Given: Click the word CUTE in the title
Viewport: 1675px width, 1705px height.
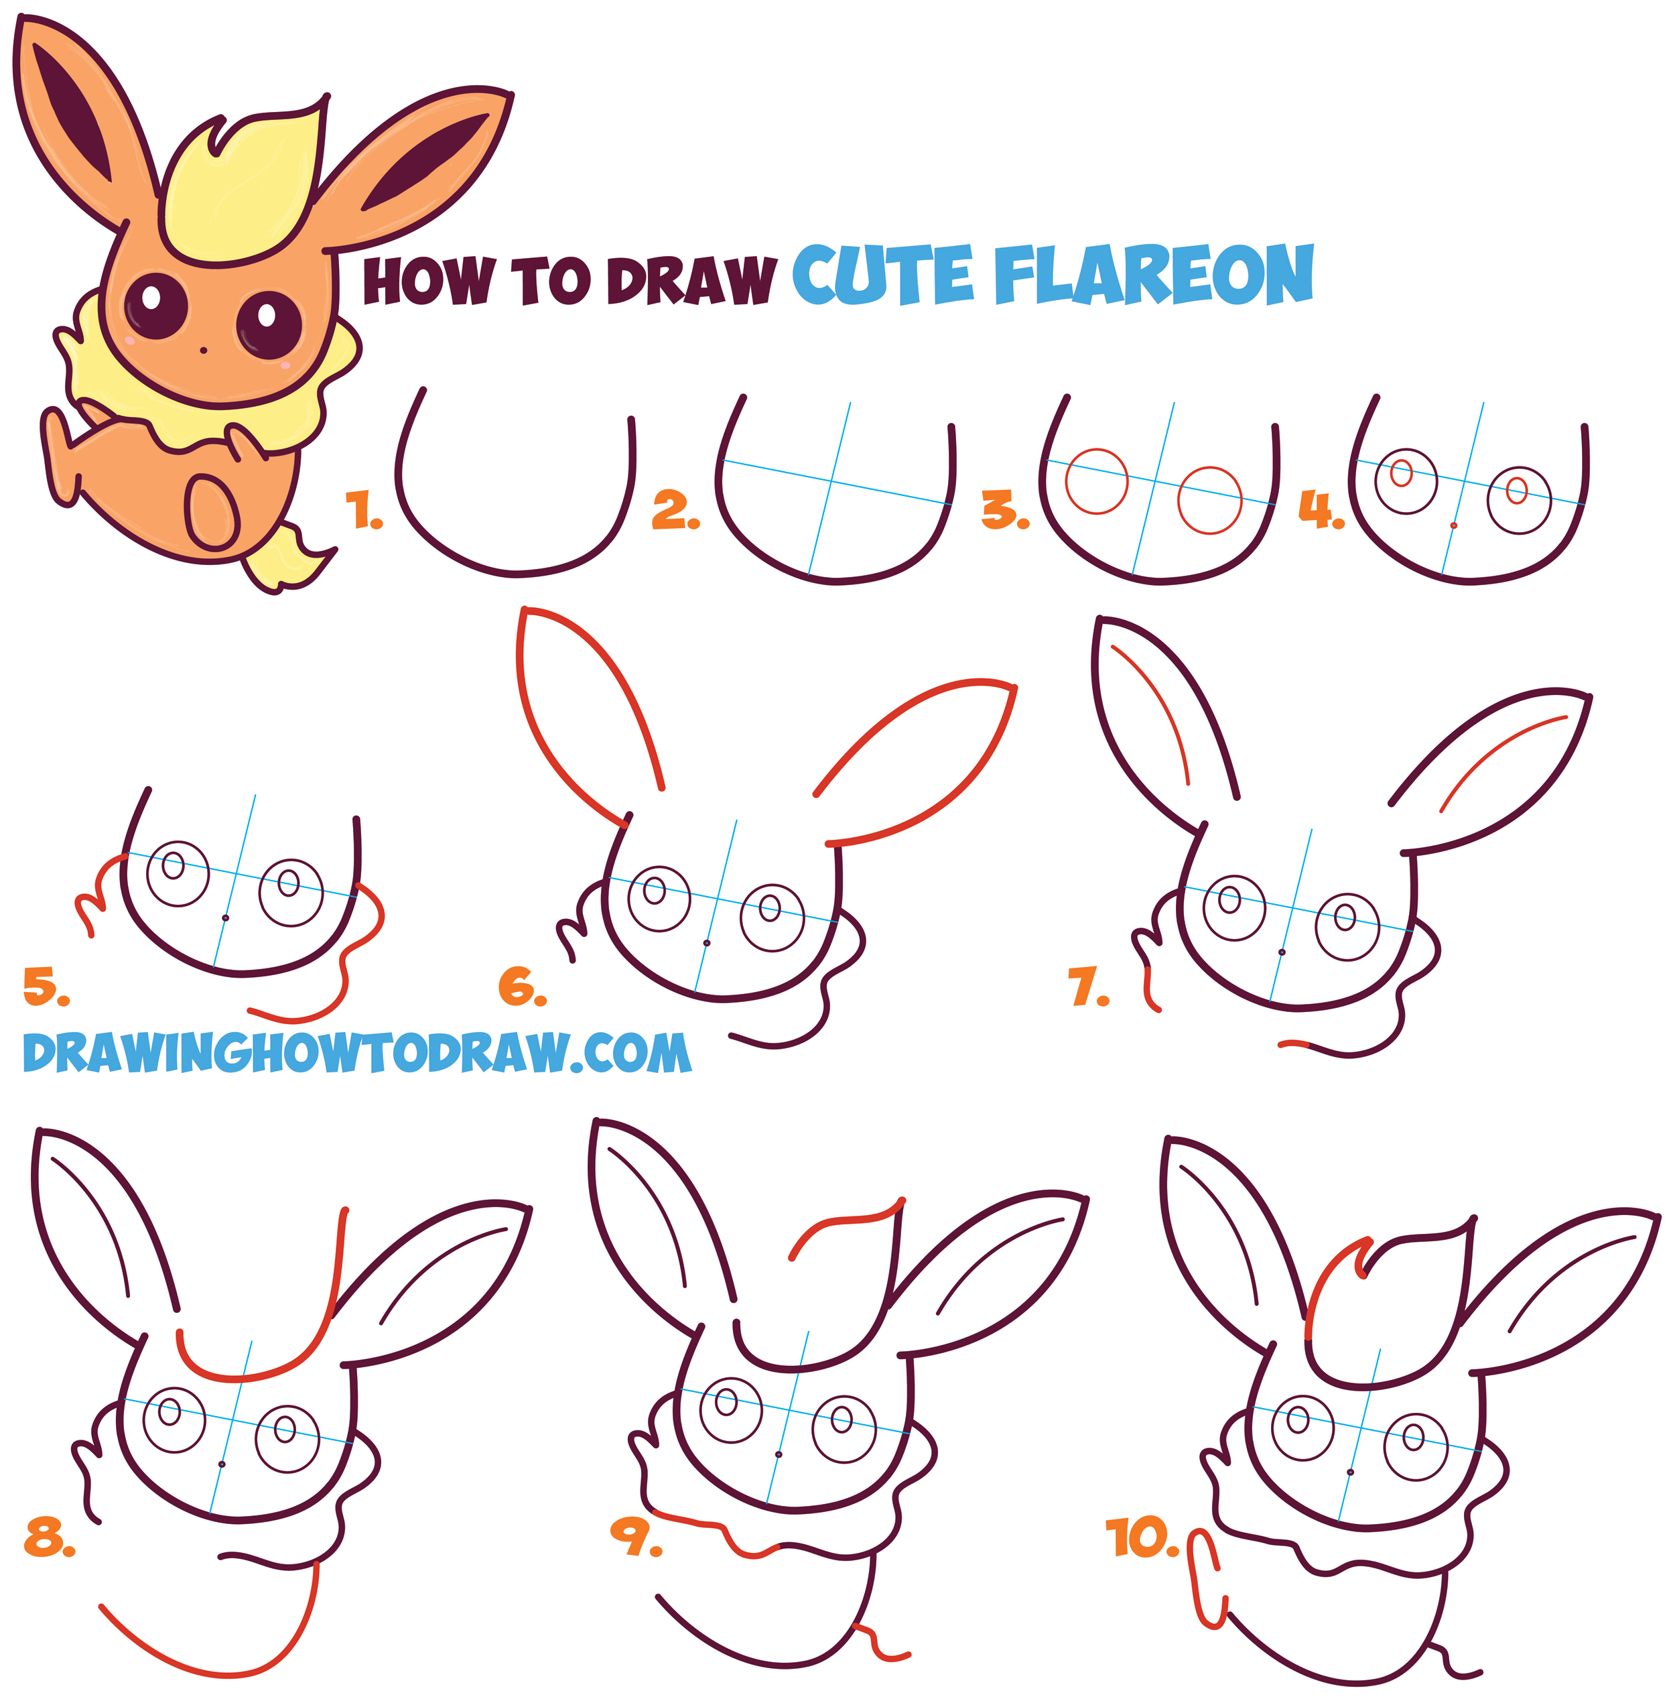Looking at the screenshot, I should click(x=883, y=276).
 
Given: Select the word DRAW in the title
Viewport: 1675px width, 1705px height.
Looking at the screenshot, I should click(x=691, y=281).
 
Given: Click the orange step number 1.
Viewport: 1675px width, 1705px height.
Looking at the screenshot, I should click(x=362, y=511).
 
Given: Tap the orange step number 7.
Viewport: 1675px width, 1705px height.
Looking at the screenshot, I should click(x=1088, y=987).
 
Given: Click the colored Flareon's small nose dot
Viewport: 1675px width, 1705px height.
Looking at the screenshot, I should click(x=203, y=350).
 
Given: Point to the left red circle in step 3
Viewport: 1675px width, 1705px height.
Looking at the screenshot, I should click(x=1096, y=481).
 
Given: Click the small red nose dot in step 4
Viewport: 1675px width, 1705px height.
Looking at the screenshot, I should click(x=1453, y=525).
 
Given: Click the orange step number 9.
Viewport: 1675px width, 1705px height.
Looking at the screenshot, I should click(x=635, y=1536).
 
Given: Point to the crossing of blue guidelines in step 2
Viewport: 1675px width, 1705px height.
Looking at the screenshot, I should click(x=831, y=481).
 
